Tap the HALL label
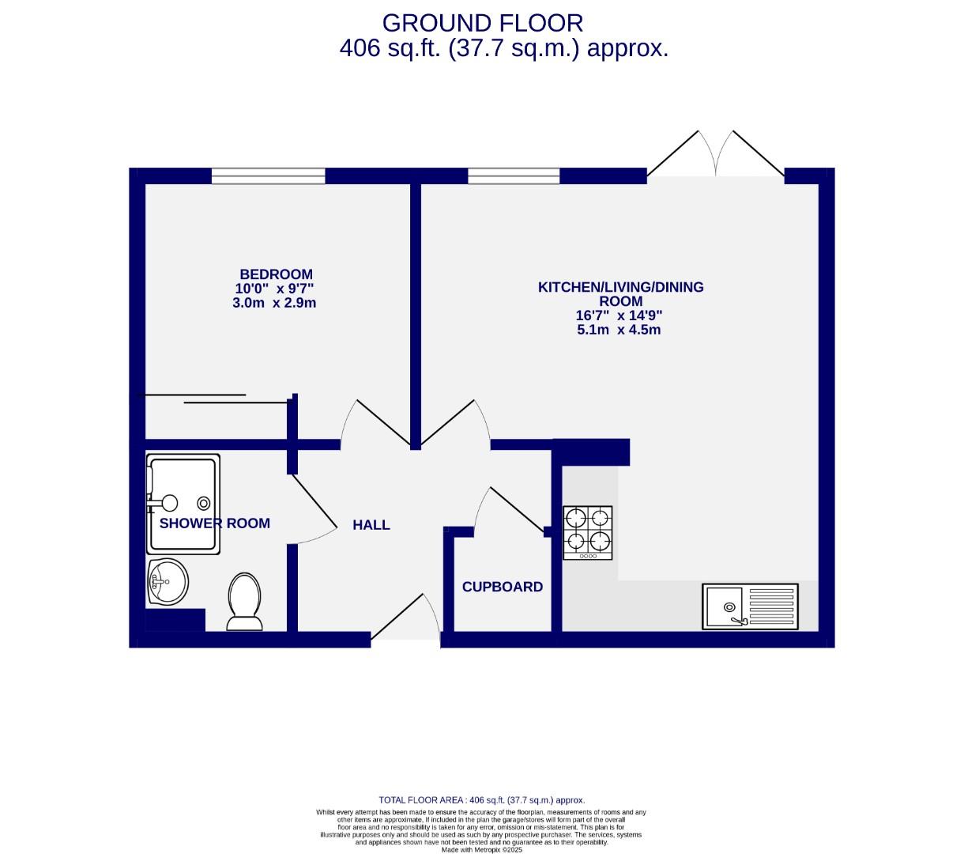click(x=371, y=525)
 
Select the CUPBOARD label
click(x=503, y=587)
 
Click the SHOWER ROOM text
click(x=215, y=523)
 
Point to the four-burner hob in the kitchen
click(x=588, y=531)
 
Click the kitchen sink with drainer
click(x=750, y=606)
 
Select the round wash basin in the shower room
click(x=167, y=583)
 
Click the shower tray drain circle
click(x=204, y=502)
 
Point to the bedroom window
click(x=268, y=176)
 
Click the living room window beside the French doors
click(x=514, y=176)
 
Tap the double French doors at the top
click(x=716, y=154)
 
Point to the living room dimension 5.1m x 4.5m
click(x=619, y=329)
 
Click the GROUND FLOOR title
click(x=482, y=22)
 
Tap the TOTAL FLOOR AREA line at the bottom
click(x=482, y=800)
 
